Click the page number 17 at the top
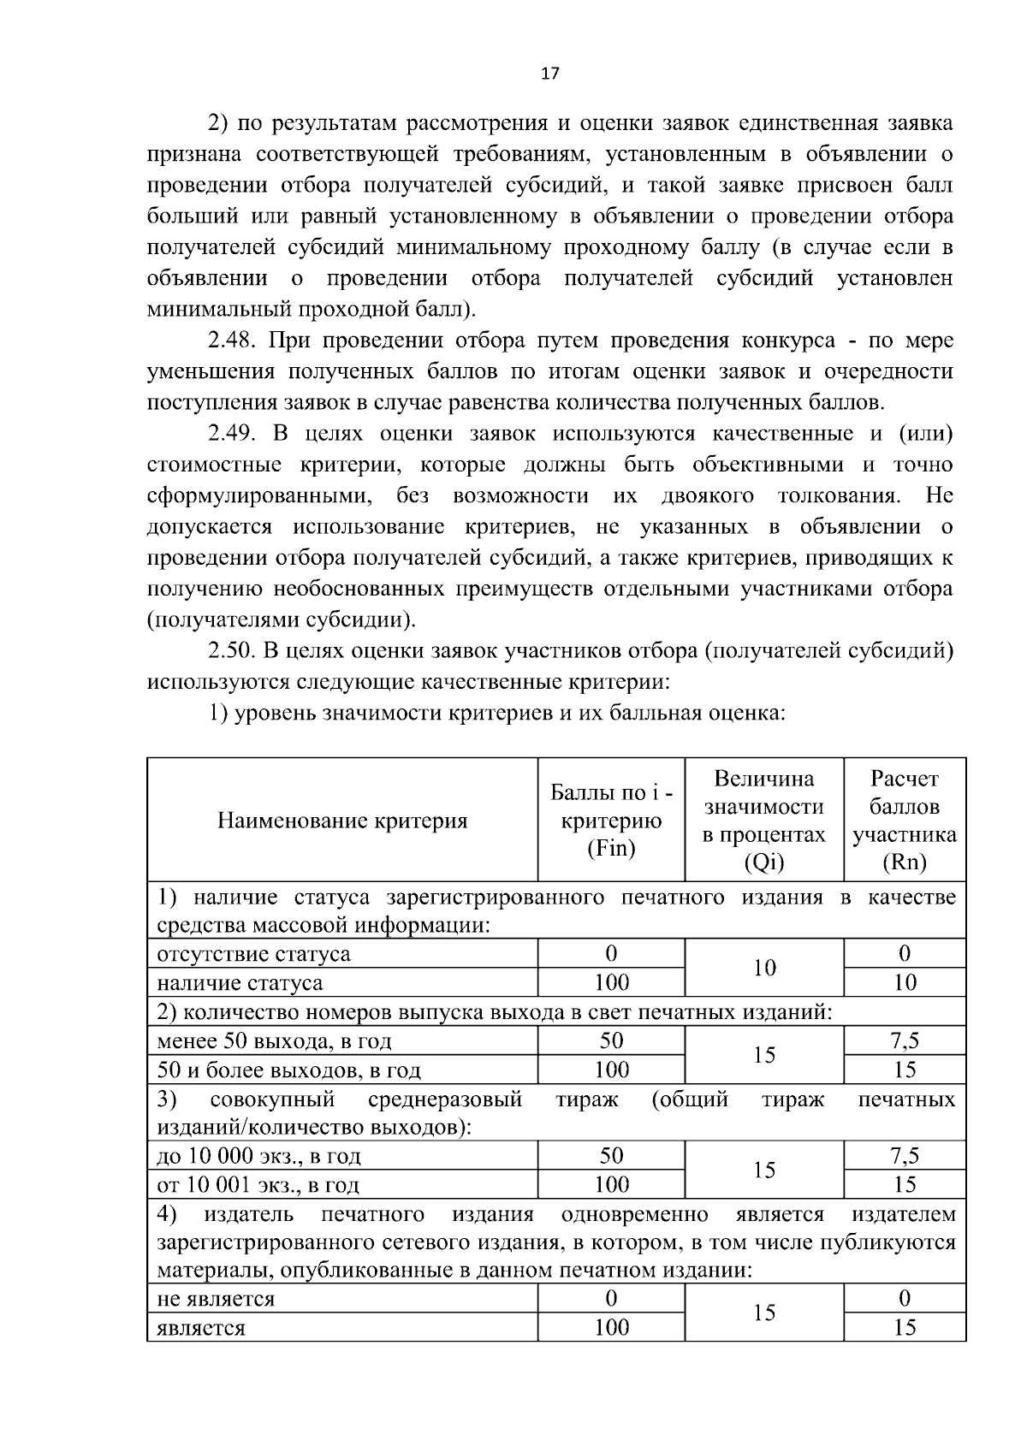tap(550, 74)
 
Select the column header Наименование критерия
tap(342, 821)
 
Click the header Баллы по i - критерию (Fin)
tap(611, 821)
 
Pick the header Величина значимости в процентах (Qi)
tap(763, 821)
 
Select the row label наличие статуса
tap(240, 983)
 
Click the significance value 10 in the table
tap(763, 968)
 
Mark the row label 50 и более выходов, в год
tap(288, 1070)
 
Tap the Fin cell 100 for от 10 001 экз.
tap(611, 1185)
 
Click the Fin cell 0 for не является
tap(611, 1299)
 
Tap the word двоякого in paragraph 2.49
tap(707, 496)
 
